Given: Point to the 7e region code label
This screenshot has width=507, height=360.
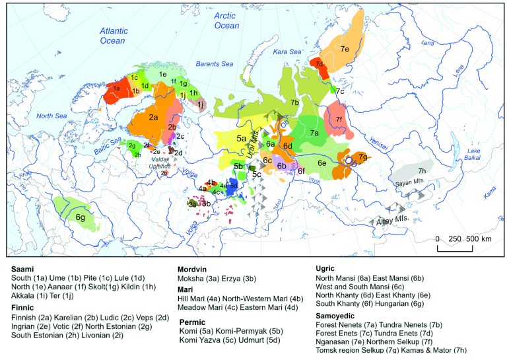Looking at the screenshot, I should tap(345, 48).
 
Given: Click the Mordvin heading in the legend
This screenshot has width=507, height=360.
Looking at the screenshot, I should tap(193, 270).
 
